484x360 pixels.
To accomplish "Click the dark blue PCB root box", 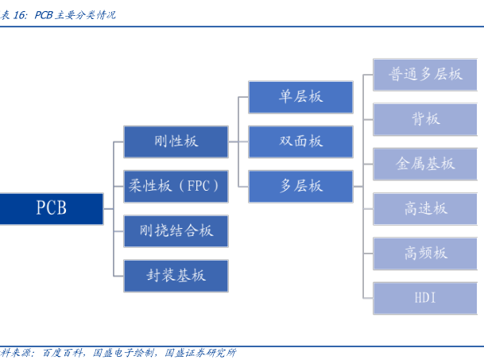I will [x=52, y=208].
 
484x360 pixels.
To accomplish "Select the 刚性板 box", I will [x=176, y=141].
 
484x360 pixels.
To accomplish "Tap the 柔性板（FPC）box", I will [x=176, y=186].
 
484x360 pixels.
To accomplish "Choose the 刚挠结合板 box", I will [x=176, y=231].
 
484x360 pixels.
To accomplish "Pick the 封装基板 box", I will [x=176, y=276].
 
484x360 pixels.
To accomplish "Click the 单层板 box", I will [x=300, y=96].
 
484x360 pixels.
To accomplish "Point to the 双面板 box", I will [x=300, y=141].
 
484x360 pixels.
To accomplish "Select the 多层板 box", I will [x=300, y=186].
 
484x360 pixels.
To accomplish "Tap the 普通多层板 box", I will [x=425, y=74].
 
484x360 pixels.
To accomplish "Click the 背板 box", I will [x=425, y=119].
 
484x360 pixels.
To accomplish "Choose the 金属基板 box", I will [x=425, y=164].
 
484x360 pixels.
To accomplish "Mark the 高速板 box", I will [x=425, y=208].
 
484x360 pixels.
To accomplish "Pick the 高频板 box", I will [x=425, y=254].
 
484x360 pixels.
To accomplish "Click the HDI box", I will [x=425, y=298].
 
